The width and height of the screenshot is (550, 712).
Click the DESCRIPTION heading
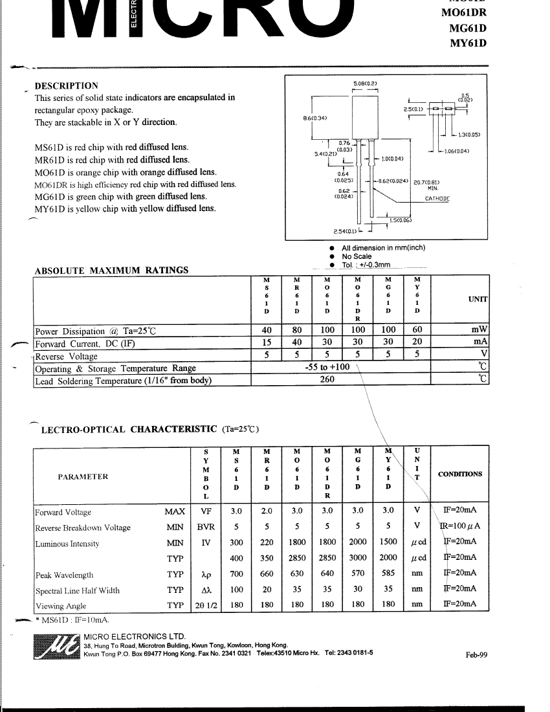pyautogui.click(x=66, y=85)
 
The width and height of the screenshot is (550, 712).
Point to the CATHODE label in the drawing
pyautogui.click(x=437, y=199)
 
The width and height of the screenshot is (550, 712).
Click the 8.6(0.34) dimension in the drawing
pyautogui.click(x=315, y=118)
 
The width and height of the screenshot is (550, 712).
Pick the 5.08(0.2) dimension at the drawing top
pyautogui.click(x=365, y=83)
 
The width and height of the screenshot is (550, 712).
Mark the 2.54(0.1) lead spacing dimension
pyautogui.click(x=344, y=231)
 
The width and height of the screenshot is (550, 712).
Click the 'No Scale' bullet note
pyautogui.click(x=357, y=256)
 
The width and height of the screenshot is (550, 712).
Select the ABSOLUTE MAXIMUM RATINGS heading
pyautogui.click(x=111, y=271)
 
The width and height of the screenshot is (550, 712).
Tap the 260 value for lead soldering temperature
pyautogui.click(x=327, y=380)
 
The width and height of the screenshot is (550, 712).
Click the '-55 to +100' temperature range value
pyautogui.click(x=327, y=367)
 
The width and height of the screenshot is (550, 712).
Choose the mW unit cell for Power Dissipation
pyautogui.click(x=479, y=329)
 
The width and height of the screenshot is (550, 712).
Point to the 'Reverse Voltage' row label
pyautogui.click(x=67, y=356)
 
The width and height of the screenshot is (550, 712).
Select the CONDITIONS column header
pyautogui.click(x=460, y=474)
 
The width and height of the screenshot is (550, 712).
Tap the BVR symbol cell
pyautogui.click(x=206, y=527)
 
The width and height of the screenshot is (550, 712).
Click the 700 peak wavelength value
pyautogui.click(x=237, y=574)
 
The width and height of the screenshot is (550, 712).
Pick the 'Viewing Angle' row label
pyautogui.click(x=60, y=606)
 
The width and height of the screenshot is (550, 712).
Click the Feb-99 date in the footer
pyautogui.click(x=476, y=654)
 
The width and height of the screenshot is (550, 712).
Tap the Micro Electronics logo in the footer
pyautogui.click(x=57, y=648)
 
